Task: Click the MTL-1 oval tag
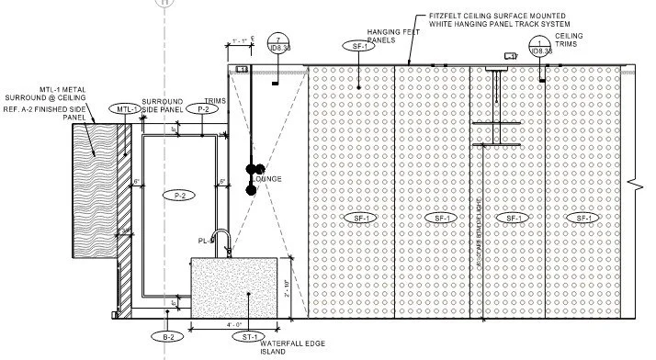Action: (129, 109)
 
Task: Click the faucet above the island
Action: (221, 242)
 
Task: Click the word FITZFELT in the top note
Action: (465, 16)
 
